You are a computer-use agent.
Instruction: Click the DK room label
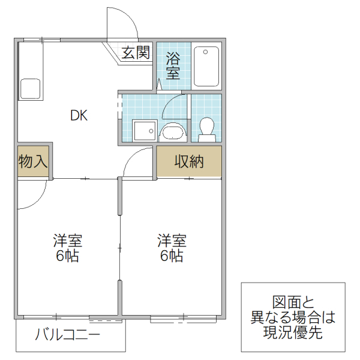[79, 116]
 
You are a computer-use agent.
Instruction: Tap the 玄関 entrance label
[136, 52]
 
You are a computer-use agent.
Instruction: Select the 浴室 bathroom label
[173, 66]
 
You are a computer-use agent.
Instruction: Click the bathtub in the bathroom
[208, 65]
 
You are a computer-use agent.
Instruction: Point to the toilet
[206, 128]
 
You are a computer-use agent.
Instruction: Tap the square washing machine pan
[144, 130]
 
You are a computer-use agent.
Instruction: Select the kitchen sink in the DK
[30, 88]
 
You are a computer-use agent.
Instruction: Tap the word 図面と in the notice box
[293, 302]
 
